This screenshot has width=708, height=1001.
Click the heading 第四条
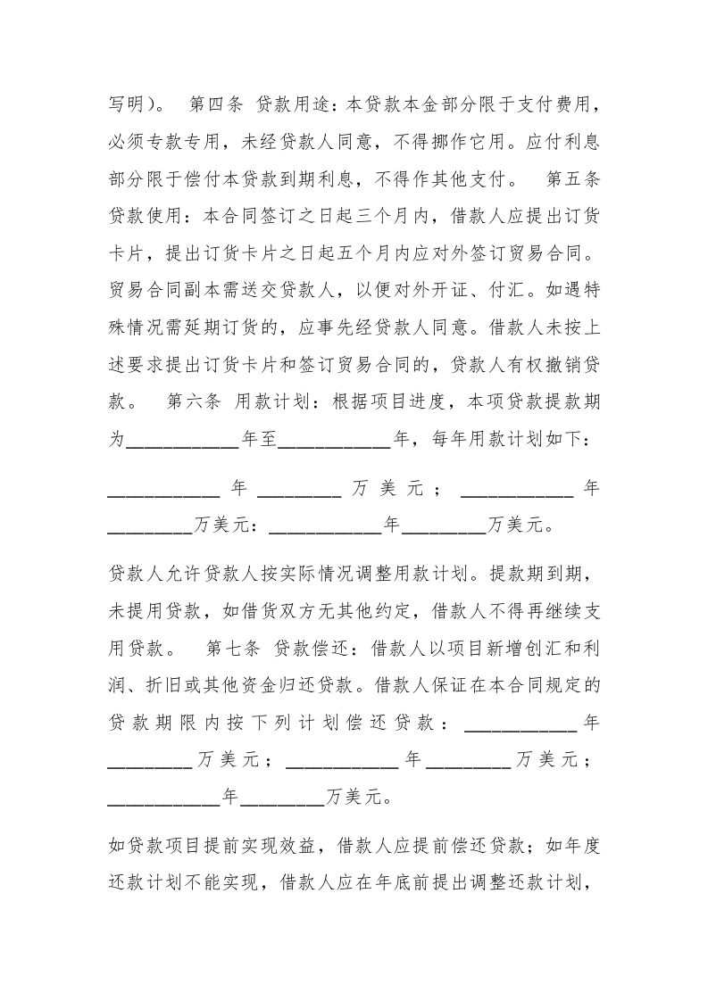coord(216,105)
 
